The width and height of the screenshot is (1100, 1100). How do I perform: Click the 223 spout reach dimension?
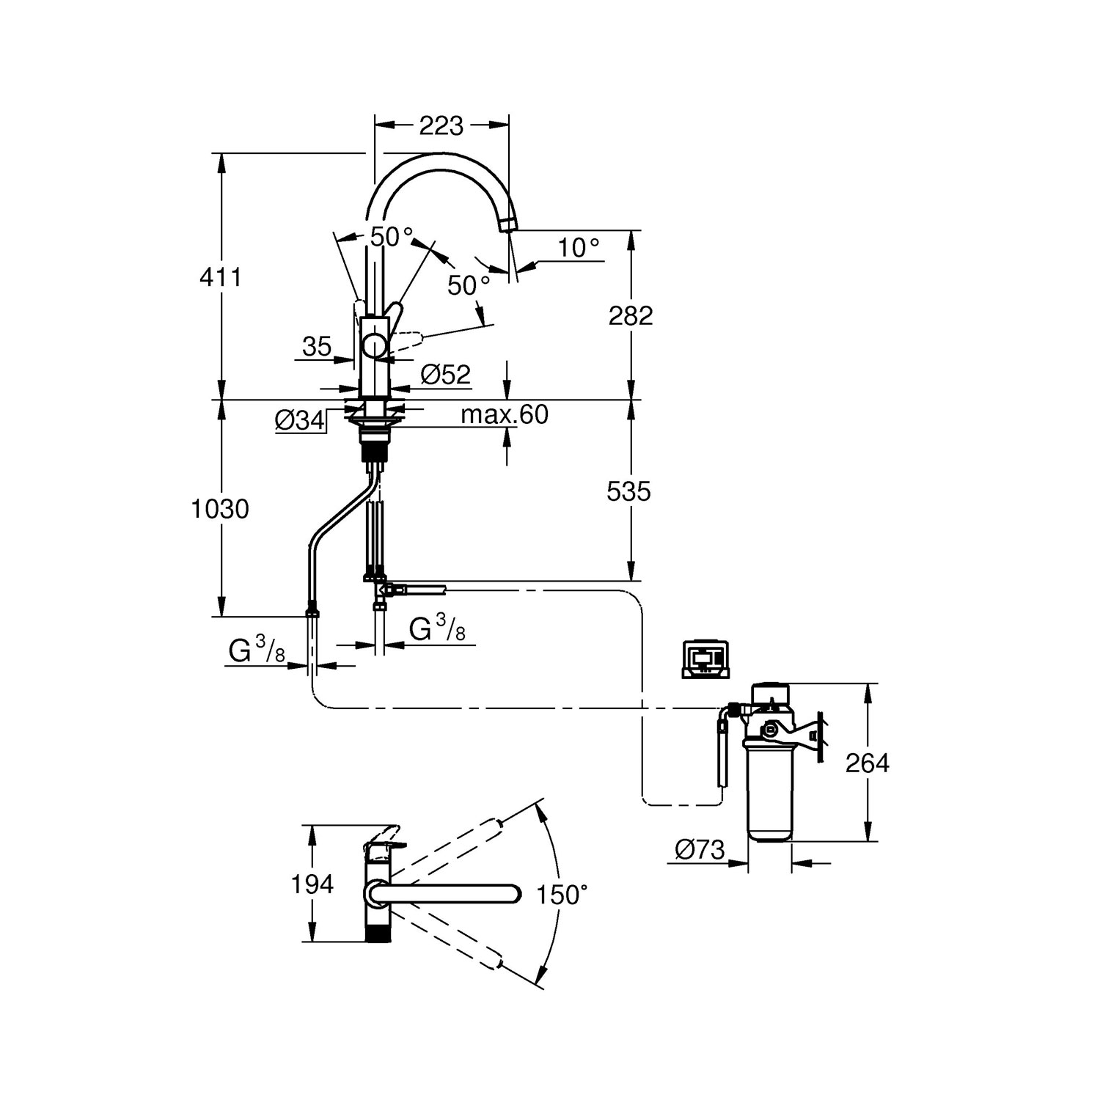(x=441, y=126)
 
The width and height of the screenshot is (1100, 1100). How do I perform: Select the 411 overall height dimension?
(x=221, y=277)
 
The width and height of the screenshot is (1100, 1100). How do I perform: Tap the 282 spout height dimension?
(x=631, y=315)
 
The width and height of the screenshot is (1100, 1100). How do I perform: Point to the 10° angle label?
(x=579, y=248)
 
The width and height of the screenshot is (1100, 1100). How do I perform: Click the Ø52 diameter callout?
(x=446, y=375)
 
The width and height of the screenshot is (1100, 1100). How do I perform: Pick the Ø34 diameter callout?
(x=300, y=419)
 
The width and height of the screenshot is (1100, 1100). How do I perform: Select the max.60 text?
(x=505, y=414)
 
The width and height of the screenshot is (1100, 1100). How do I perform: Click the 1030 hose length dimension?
(x=220, y=508)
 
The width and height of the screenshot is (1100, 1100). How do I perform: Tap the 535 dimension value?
(x=629, y=491)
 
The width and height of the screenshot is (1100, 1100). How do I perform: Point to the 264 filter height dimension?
(x=868, y=763)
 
